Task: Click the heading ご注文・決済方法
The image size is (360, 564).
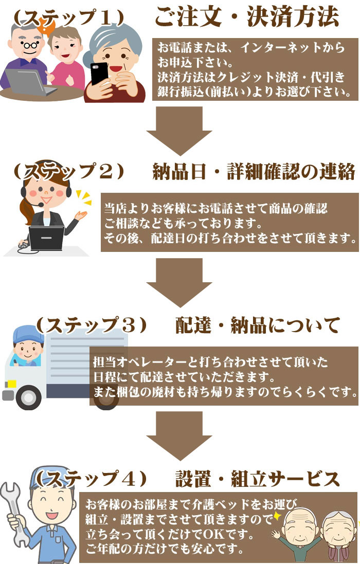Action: [247, 17]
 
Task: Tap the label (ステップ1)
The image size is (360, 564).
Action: [69, 17]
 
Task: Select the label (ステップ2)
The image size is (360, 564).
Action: [69, 171]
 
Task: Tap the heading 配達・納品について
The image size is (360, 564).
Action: [258, 325]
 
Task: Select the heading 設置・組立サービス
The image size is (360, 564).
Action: [258, 479]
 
